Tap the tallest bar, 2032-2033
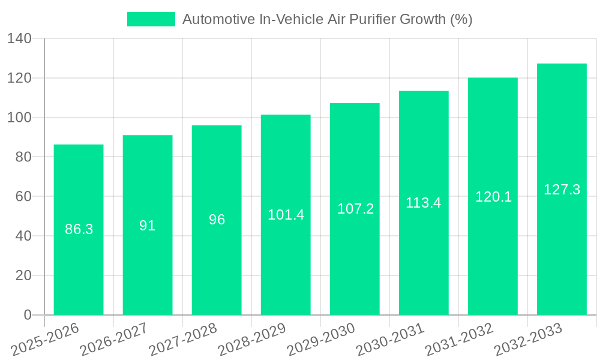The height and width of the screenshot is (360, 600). tap(562, 252)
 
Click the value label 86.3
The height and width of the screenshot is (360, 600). tap(79, 229)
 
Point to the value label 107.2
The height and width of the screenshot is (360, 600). tap(355, 209)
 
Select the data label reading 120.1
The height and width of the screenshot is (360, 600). tap(493, 197)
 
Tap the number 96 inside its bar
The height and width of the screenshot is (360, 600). tap(217, 220)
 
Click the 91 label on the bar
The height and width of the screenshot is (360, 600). tap(148, 226)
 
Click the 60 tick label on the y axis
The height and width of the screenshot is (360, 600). tap(23, 197)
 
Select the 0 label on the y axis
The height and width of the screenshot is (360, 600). tap(27, 315)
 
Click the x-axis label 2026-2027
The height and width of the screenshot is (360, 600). tap(113, 339)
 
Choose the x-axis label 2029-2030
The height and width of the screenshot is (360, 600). tap(320, 339)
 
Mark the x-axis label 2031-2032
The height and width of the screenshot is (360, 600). tap(458, 339)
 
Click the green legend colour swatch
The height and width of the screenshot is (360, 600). tap(151, 19)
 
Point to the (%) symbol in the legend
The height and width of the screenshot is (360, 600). tap(461, 19)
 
